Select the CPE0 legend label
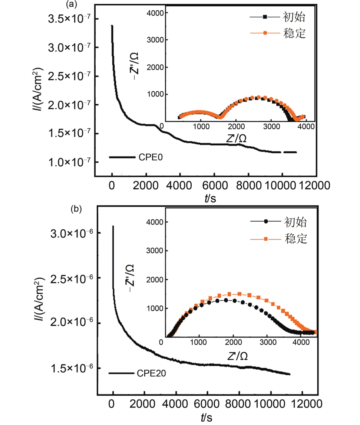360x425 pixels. point(151,157)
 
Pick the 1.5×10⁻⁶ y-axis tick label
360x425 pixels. point(70,368)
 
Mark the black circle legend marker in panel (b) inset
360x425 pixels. point(265,222)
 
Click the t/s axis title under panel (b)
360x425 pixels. point(207,418)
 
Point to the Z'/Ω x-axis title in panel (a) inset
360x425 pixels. point(237,138)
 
